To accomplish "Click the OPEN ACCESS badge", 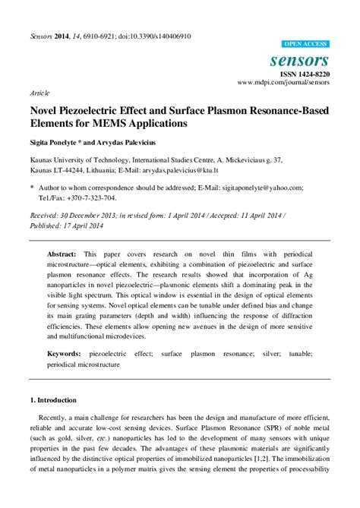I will (x=305, y=45).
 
